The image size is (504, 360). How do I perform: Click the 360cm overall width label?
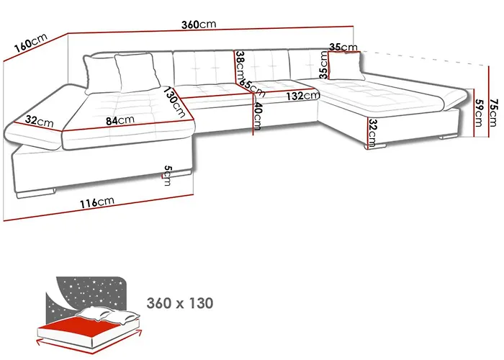199,24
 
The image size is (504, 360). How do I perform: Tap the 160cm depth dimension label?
31,42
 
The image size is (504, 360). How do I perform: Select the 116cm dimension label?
96,202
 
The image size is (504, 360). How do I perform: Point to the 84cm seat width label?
120,120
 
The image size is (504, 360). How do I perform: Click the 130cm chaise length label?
174,102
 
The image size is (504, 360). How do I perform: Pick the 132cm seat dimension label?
303,96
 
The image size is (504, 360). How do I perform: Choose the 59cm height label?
479,113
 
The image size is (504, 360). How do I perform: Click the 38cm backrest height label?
240,66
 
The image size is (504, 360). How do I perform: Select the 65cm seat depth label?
253,87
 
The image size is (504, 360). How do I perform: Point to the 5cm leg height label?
167,176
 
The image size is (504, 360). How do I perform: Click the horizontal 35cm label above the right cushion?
343,48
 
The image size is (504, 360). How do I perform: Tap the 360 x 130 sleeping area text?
180,303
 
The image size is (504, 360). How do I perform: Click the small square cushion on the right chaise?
346,66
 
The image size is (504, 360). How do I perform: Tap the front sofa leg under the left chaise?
35,193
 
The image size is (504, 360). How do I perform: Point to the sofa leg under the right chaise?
375,146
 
